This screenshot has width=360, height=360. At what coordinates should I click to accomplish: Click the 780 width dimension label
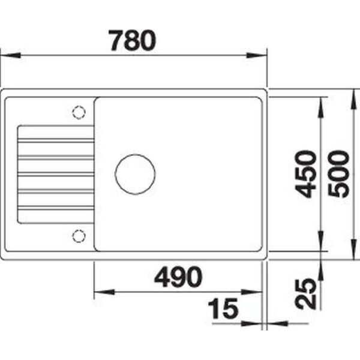[x=133, y=40]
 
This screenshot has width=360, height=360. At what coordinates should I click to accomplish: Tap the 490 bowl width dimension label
[x=178, y=277]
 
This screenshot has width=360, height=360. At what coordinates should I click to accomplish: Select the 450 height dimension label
[x=305, y=174]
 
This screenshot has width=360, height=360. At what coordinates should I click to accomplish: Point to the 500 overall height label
[x=338, y=174]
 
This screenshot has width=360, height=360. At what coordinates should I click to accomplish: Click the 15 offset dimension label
[x=223, y=308]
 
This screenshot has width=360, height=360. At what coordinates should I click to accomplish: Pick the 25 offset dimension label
[x=305, y=294]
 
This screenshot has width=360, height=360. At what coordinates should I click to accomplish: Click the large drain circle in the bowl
[x=135, y=174]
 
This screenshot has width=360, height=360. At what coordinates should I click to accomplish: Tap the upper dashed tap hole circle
[x=79, y=112]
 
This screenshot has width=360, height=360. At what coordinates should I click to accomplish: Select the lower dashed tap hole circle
[x=79, y=236]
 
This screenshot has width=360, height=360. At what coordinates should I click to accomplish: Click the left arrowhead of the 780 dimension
[x=10, y=55]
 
